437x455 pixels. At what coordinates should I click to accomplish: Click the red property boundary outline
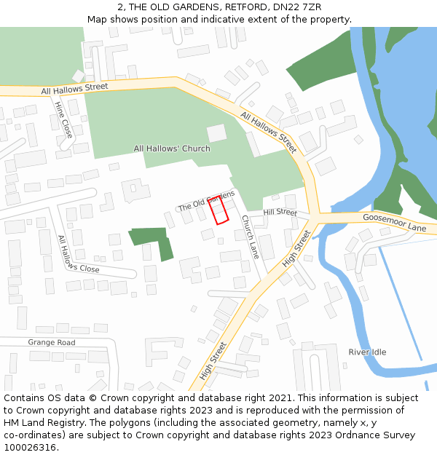click(x=219, y=210)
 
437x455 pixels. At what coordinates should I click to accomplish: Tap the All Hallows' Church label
click(x=172, y=149)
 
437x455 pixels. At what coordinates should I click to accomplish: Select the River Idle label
click(x=367, y=352)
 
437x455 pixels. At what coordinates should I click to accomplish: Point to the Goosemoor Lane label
click(x=394, y=223)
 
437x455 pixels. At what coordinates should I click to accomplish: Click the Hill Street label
click(x=280, y=212)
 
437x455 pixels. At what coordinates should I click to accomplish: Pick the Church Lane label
click(x=251, y=236)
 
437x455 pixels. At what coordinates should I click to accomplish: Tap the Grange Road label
click(x=52, y=342)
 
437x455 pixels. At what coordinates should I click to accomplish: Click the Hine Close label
click(x=63, y=120)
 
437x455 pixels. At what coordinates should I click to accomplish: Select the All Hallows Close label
click(x=78, y=254)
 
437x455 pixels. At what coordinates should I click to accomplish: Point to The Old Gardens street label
click(x=206, y=201)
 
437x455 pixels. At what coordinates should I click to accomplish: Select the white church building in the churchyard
click(x=217, y=133)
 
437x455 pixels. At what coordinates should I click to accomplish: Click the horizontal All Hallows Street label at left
click(x=74, y=89)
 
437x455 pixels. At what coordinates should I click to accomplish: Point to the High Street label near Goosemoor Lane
click(x=296, y=248)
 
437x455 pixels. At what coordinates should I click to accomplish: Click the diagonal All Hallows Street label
click(x=268, y=132)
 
